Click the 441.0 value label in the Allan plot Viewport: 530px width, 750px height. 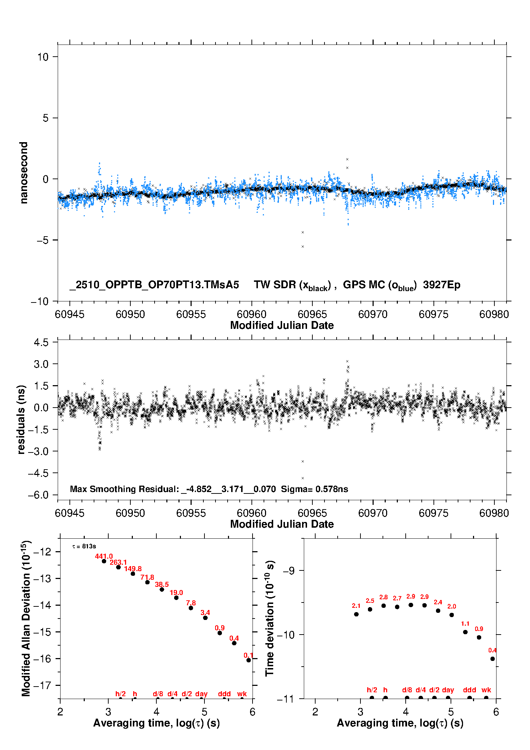pos(104,556)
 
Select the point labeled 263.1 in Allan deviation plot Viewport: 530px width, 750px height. pos(119,567)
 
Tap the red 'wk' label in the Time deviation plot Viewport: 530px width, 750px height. pos(486,690)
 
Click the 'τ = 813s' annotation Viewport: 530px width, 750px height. pos(84,546)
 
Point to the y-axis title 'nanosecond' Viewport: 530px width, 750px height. pos(24,173)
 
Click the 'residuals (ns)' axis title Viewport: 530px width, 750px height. pos(21,420)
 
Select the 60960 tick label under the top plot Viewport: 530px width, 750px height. pos(251,314)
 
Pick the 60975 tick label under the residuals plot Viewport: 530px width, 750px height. pos(433,513)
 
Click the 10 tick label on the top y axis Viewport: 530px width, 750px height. pos(43,57)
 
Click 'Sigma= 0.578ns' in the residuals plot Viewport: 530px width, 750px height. pos(315,489)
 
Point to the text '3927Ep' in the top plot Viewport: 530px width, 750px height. pos(442,285)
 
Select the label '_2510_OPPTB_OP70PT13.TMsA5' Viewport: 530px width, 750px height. pos(154,285)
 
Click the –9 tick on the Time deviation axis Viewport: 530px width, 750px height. pos(289,571)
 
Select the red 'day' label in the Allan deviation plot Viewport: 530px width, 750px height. pos(201,694)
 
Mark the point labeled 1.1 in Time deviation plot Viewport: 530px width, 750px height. pos(465,632)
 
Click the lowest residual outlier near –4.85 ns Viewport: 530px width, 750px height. pos(303,478)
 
